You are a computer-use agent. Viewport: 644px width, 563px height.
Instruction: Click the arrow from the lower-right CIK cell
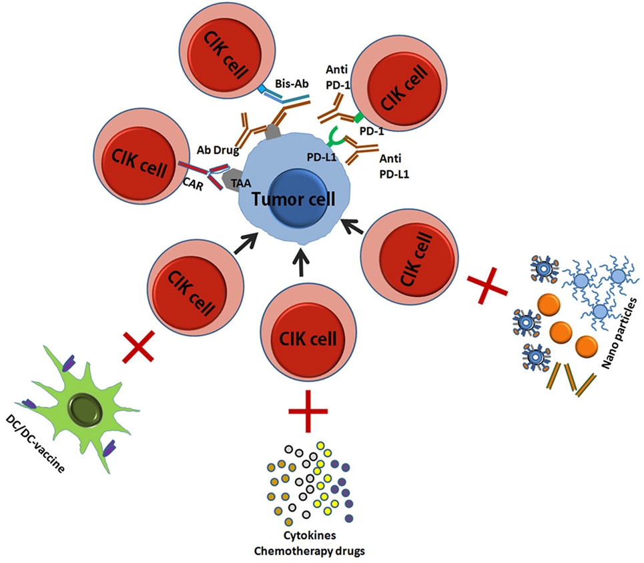(x=353, y=227)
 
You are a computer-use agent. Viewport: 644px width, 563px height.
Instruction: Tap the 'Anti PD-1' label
(x=337, y=79)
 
